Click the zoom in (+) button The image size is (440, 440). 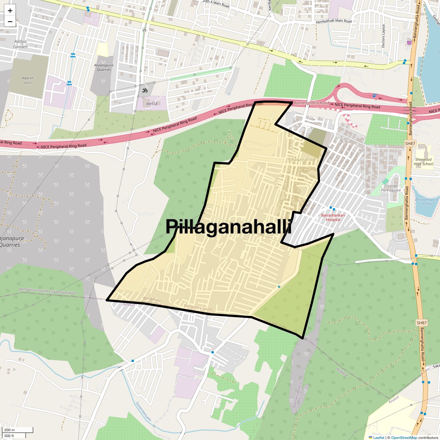[10, 11]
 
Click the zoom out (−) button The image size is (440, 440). [10, 22]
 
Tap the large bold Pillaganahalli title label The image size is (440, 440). [228, 227]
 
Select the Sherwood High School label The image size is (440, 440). [423, 162]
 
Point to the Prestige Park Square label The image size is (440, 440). [391, 188]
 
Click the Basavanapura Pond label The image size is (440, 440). [427, 202]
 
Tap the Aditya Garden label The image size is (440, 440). [21, 44]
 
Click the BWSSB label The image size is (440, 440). [151, 104]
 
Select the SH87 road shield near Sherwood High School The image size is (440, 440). [410, 143]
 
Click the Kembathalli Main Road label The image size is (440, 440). [334, 21]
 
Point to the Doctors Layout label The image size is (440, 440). [384, 36]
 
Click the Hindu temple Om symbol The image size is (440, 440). [144, 89]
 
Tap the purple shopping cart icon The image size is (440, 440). [408, 43]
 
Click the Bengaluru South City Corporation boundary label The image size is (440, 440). [48, 292]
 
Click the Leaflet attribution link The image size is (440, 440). [379, 437]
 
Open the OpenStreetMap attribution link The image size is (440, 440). [404, 437]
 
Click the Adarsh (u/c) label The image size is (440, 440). [27, 80]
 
